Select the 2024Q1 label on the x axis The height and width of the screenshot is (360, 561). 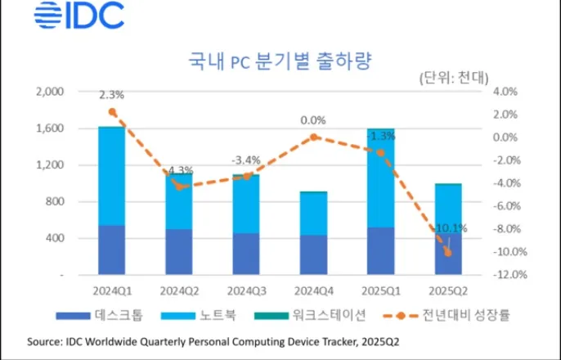coord(111,290)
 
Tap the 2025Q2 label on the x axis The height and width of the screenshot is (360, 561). coord(447,290)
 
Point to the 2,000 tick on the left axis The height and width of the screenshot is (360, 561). coord(50,92)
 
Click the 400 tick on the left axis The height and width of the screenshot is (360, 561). coord(55,238)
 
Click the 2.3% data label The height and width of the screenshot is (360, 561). coord(111,95)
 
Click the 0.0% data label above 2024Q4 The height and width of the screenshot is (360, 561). coord(312,120)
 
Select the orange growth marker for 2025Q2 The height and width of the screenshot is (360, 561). coord(447,252)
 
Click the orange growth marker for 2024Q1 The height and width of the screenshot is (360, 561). coord(112,112)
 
